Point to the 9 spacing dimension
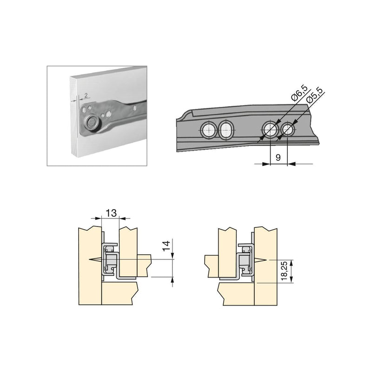point(278,158)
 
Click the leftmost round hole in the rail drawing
point(208,130)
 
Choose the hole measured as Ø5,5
point(288,130)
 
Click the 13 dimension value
point(111,213)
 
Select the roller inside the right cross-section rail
point(244,262)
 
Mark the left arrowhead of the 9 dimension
point(268,164)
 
